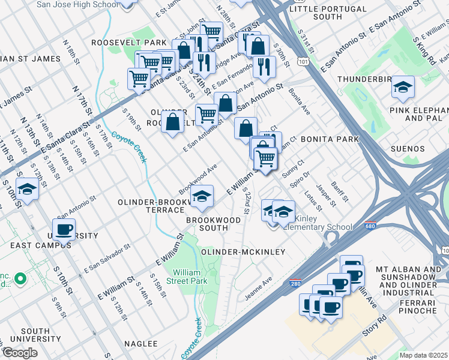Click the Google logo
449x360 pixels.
(x=19, y=353)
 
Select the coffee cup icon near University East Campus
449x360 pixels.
(x=64, y=229)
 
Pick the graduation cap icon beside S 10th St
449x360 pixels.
(x=26, y=190)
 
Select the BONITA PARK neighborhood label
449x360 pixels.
(x=330, y=139)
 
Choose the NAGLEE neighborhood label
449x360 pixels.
(x=140, y=344)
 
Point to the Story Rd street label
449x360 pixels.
(x=372, y=329)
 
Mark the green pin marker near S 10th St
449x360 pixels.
(x=20, y=278)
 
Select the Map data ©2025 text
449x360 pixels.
(x=423, y=355)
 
